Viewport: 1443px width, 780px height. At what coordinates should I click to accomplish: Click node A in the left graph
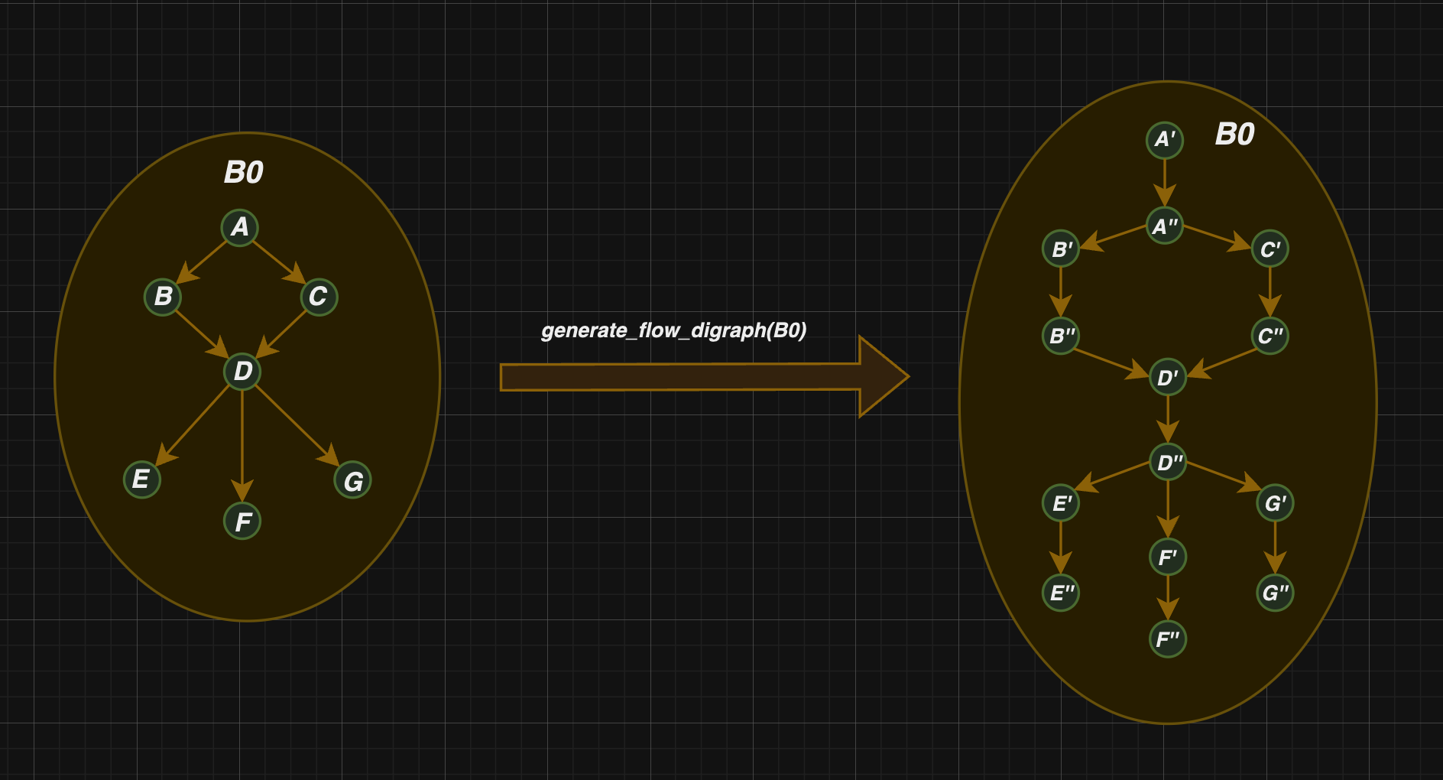point(240,227)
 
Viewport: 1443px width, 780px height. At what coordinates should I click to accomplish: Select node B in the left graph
point(163,296)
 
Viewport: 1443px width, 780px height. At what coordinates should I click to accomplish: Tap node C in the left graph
point(319,297)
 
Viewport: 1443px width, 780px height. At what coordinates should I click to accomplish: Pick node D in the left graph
point(242,372)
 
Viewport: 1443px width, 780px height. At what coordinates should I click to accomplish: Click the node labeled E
point(142,479)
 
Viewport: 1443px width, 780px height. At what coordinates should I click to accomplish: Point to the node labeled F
point(242,522)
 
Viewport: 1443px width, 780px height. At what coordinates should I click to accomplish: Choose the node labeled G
point(352,481)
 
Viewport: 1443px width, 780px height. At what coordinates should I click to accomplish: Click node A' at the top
point(1165,140)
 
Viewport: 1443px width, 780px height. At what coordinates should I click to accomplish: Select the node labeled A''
point(1165,226)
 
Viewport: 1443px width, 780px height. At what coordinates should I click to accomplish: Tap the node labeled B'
point(1061,249)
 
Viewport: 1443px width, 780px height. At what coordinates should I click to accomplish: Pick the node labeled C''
point(1270,335)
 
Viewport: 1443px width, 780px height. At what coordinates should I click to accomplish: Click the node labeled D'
point(1168,377)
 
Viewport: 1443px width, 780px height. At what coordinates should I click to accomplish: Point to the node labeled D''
point(1168,462)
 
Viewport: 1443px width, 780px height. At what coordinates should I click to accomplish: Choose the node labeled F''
point(1168,639)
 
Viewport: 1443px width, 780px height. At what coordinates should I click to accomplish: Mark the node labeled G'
point(1275,503)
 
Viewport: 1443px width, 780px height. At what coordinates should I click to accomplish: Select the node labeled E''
point(1061,592)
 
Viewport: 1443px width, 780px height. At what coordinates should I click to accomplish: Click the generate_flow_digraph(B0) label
point(674,330)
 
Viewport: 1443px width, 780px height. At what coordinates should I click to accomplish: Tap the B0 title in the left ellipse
point(244,172)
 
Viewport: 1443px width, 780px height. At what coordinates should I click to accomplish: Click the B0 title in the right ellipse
point(1235,135)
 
